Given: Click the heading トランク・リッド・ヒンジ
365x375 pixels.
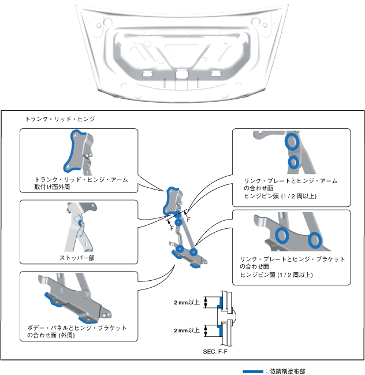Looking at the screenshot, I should click(60, 119).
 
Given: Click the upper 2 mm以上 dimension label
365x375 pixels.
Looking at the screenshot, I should click(187, 302).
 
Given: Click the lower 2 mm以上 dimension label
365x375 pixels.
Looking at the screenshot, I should click(187, 331).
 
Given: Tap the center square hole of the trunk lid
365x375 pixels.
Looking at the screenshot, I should click(182, 75).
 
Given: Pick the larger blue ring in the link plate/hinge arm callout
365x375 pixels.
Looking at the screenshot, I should click(291, 142).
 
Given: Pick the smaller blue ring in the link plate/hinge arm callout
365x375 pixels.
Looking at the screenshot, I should click(294, 162).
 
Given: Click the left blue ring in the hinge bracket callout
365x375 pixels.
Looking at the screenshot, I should click(282, 235).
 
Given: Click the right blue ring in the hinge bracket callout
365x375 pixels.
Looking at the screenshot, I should click(315, 239).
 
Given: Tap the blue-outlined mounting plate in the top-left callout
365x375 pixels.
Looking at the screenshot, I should click(77, 151).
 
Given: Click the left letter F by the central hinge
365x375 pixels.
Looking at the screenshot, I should click(172, 227).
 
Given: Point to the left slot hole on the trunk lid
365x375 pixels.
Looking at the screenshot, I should click(148, 74).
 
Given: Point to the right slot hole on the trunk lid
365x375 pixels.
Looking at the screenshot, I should click(217, 73).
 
